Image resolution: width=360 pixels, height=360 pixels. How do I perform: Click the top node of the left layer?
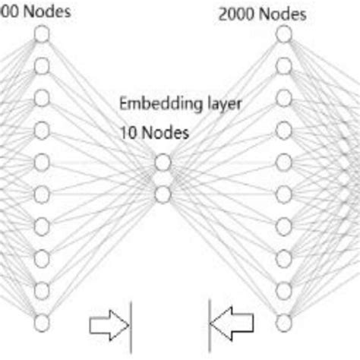click(42, 33)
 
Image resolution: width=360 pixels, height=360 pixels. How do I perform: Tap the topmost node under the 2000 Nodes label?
click(283, 33)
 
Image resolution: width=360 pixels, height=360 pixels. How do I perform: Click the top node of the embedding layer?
click(162, 162)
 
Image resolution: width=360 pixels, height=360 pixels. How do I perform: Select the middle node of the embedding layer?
click(162, 178)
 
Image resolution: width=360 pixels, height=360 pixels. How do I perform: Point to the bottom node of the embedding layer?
click(162, 195)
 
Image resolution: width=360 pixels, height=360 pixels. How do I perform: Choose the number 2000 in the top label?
click(233, 14)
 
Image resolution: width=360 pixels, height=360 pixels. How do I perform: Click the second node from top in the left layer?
click(42, 65)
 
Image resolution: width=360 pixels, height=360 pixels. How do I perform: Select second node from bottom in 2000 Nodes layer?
click(283, 289)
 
